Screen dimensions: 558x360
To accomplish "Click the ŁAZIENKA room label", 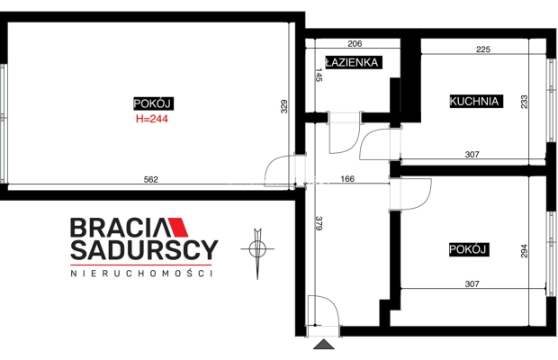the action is (x=354, y=62).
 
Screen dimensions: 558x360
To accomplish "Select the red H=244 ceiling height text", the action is (x=152, y=119).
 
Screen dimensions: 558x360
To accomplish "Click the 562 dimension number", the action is (x=150, y=180).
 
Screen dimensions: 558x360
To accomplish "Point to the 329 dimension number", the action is (x=284, y=106).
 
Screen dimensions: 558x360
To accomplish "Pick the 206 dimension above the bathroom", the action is (x=355, y=43).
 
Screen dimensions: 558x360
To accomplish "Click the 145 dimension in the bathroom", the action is (x=319, y=75).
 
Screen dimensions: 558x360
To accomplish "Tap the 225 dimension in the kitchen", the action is (x=483, y=49).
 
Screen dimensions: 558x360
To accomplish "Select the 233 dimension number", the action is (x=524, y=102).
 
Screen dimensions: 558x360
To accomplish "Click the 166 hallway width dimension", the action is (x=347, y=178).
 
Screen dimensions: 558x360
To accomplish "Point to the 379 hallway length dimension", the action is (x=319, y=223).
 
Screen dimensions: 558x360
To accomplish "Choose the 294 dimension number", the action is (x=524, y=251).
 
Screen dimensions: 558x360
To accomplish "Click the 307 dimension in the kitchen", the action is (x=472, y=155).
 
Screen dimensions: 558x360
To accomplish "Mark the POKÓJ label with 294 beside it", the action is (x=468, y=249).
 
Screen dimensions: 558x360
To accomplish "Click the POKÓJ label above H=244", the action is (x=153, y=103).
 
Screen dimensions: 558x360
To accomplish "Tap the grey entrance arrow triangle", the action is (x=324, y=344).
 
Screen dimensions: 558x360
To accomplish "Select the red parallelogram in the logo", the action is (x=178, y=227).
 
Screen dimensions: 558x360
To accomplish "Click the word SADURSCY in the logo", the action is (x=144, y=249).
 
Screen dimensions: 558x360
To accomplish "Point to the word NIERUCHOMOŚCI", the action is (x=141, y=274).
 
